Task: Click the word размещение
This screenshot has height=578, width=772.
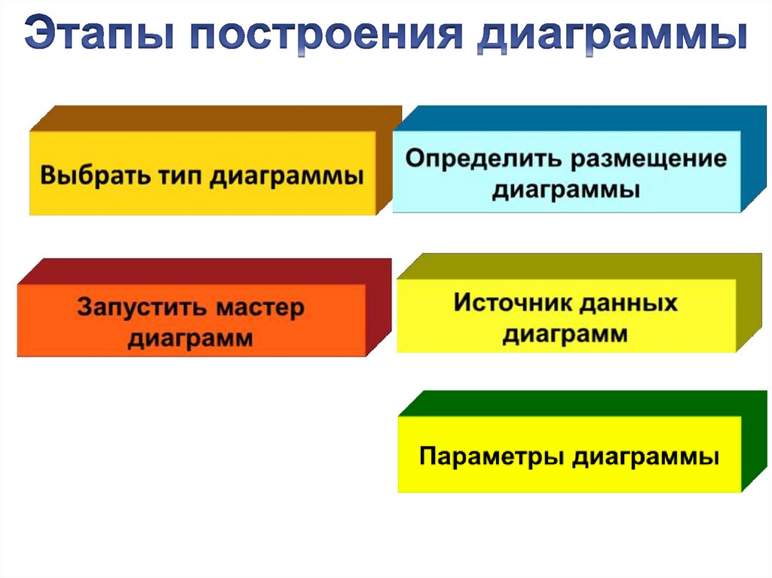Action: pyautogui.click(x=648, y=160)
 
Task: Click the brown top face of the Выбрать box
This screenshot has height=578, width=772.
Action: pyautogui.click(x=219, y=118)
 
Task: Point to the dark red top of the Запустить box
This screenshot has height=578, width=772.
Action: pyautogui.click(x=204, y=271)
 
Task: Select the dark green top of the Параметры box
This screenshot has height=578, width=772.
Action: pyautogui.click(x=581, y=403)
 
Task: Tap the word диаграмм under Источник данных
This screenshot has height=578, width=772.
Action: pyautogui.click(x=565, y=333)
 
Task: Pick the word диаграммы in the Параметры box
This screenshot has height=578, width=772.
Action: pyautogui.click(x=645, y=457)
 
